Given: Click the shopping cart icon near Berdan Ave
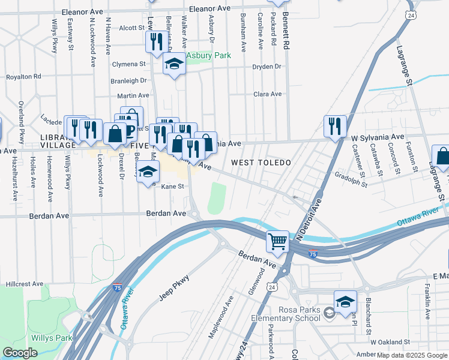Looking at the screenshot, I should (x=278, y=242).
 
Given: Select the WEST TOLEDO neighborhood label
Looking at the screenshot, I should (x=261, y=163).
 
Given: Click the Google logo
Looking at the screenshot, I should (x=20, y=353).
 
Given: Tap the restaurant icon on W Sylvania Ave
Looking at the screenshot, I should (x=334, y=126).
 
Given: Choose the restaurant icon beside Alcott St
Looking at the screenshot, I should (x=154, y=41).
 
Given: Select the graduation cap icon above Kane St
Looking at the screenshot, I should (x=148, y=173).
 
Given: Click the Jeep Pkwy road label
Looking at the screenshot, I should (x=175, y=287).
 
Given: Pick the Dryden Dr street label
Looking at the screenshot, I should (x=267, y=67).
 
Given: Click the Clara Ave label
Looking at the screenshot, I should (x=268, y=94).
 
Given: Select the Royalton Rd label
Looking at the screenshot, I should (x=23, y=77).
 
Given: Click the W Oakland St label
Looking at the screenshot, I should (x=389, y=342).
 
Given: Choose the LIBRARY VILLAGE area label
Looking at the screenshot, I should (x=58, y=141).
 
